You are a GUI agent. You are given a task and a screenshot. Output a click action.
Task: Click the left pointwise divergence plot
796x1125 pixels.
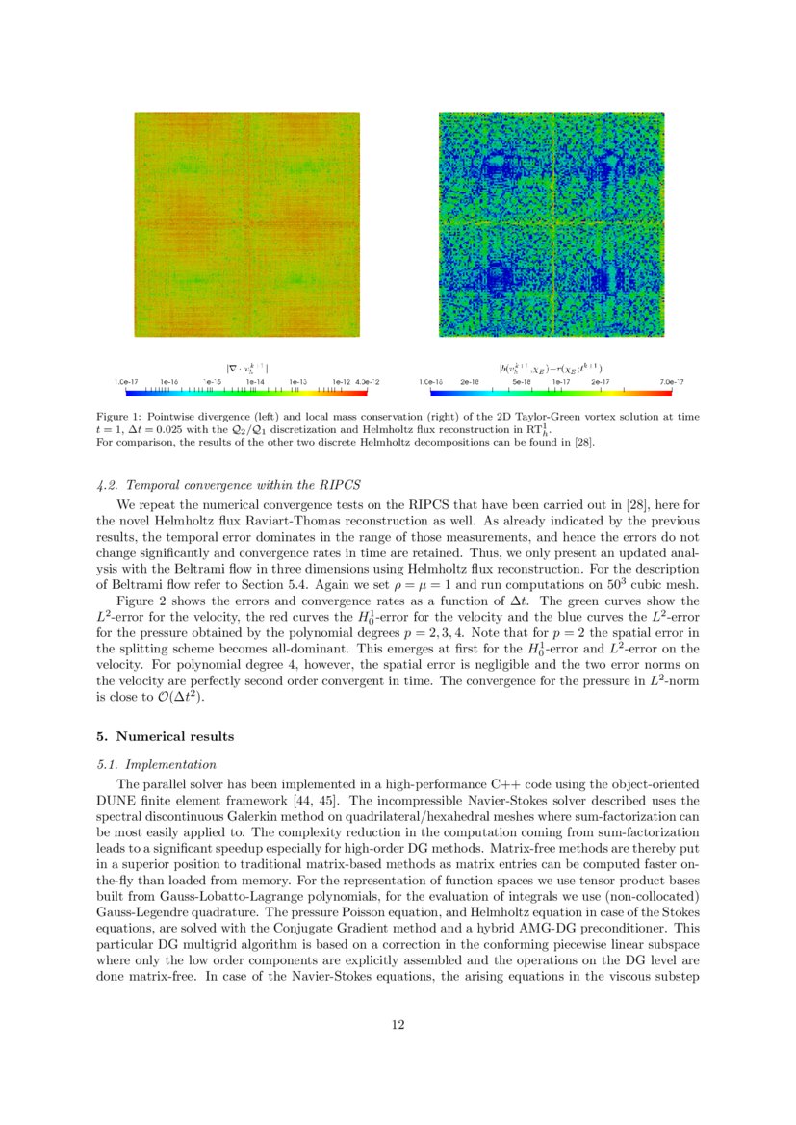coord(246,224)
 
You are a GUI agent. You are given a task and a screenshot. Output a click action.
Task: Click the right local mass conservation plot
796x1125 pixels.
coord(552,224)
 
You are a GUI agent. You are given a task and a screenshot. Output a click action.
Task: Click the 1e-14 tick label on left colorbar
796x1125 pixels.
coord(255,382)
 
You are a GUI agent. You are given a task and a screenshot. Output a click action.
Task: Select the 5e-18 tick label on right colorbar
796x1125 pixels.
coord(523,382)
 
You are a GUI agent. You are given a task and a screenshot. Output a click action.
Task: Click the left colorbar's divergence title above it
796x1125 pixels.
coord(246,367)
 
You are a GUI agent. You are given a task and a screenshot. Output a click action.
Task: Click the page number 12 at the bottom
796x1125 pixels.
coord(398,1024)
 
